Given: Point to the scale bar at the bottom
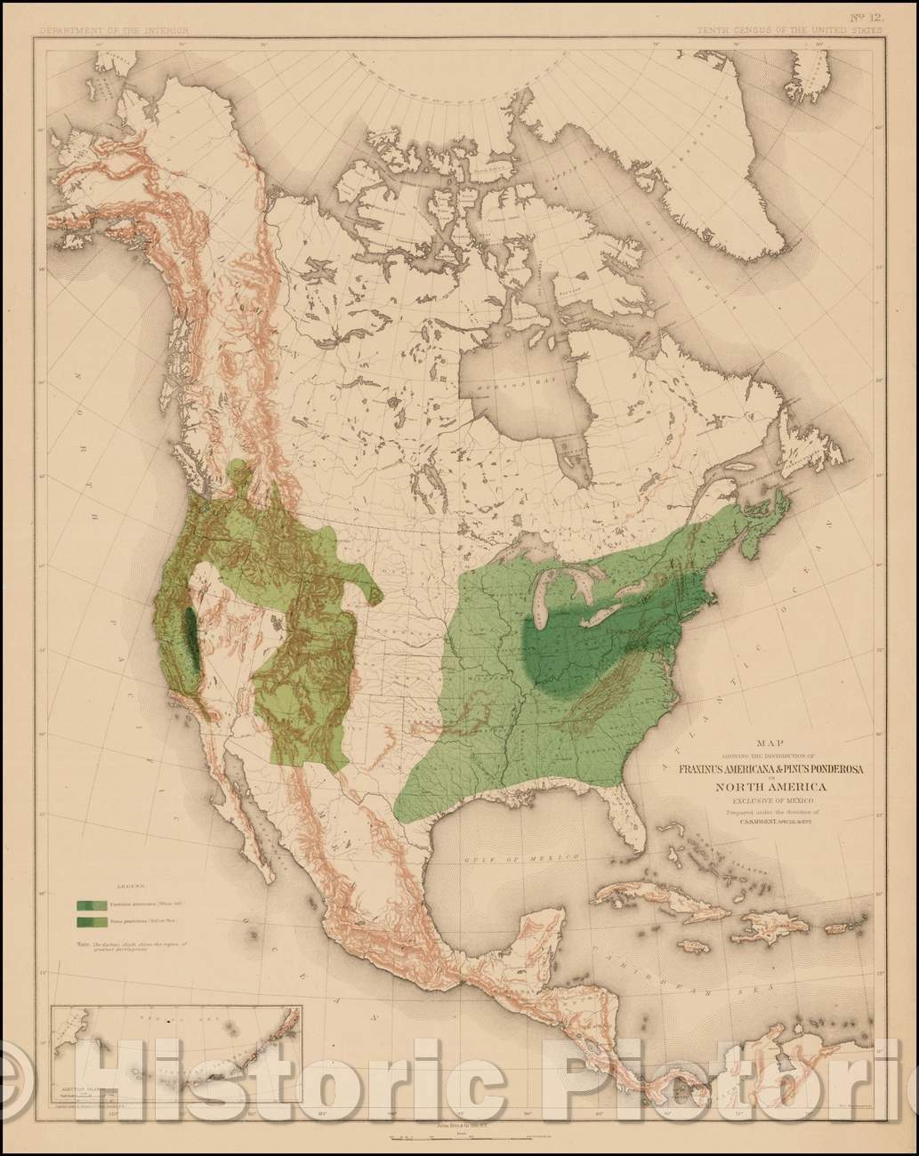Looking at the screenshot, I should click(x=460, y=1136).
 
